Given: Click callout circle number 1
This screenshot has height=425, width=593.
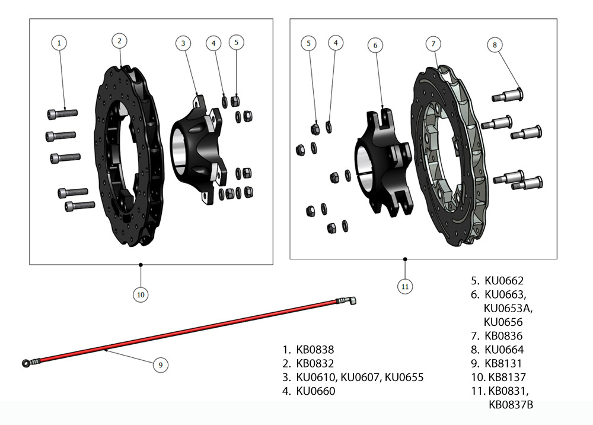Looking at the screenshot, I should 59,42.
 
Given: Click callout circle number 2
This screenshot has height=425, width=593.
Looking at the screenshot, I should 120,40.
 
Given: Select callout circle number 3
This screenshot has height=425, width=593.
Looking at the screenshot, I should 183,43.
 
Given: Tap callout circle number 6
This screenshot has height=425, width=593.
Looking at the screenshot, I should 375,45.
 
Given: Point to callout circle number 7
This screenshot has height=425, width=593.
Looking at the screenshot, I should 433,44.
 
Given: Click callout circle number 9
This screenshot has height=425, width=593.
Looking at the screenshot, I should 160,365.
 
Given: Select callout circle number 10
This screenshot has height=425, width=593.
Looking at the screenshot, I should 141,294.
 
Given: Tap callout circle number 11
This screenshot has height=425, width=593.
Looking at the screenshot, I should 405,287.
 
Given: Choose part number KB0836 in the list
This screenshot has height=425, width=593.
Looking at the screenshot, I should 504,336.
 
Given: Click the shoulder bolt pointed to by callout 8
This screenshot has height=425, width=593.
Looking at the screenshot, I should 507,95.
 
